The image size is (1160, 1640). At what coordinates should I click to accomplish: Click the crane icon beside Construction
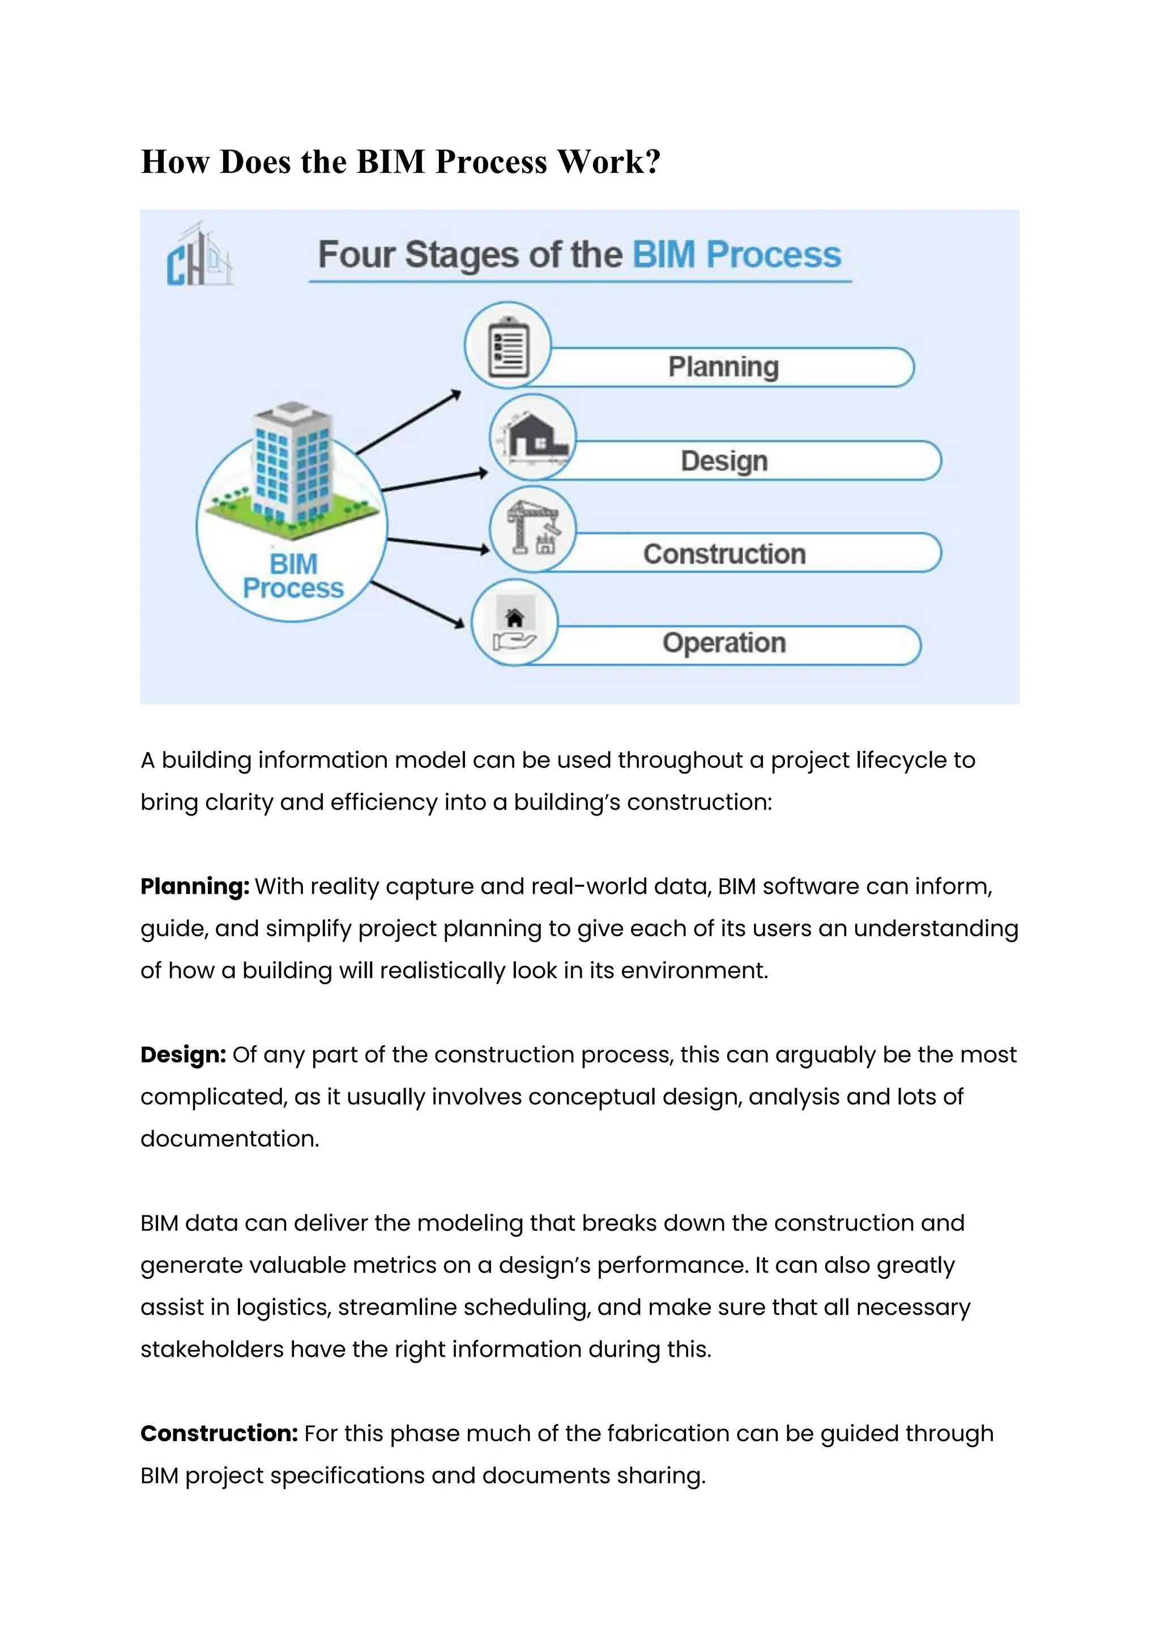(533, 529)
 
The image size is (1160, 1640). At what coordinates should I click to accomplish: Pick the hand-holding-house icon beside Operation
(514, 623)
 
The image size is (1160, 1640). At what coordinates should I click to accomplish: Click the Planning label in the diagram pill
(723, 367)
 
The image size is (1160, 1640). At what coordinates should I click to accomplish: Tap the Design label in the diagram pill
(723, 461)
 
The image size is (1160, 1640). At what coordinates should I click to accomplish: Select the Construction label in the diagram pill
(723, 554)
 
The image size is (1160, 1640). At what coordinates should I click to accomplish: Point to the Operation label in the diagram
(723, 643)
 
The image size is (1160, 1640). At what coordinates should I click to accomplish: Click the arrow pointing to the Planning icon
(408, 422)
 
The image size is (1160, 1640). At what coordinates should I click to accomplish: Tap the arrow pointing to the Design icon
(434, 481)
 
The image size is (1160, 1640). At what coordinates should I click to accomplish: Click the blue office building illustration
(293, 468)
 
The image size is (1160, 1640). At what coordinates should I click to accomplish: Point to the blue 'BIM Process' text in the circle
(293, 576)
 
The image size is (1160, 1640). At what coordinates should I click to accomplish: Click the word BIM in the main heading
(390, 162)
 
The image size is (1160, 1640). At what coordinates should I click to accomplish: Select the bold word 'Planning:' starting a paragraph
(194, 886)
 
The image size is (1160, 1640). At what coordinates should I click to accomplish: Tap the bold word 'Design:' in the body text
(183, 1055)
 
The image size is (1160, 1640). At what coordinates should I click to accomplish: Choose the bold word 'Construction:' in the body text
(219, 1433)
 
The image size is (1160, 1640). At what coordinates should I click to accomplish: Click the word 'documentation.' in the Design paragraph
(229, 1139)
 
